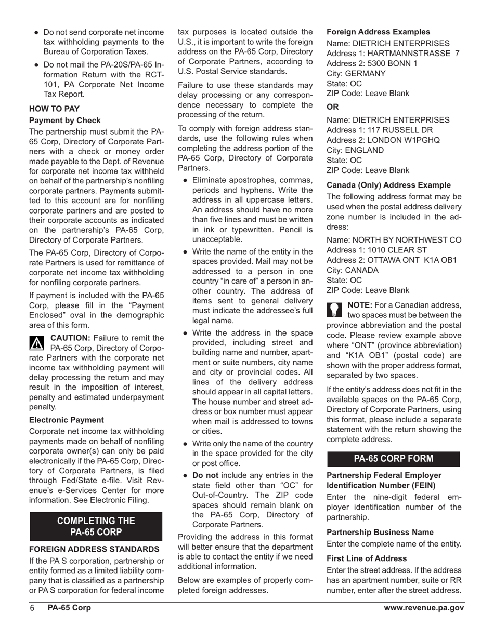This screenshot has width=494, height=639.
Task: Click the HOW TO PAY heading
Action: pos(54,109)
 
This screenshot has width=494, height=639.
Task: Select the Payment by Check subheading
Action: pos(65,120)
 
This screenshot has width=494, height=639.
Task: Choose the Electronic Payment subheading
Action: pos(67,420)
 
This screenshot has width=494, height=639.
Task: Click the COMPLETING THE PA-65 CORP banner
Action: pos(96,526)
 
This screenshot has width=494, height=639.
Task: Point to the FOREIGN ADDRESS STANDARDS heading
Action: pos(94,549)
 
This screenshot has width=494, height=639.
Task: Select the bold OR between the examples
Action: pos(332,107)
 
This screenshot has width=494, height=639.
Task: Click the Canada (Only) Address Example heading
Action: pos(388,185)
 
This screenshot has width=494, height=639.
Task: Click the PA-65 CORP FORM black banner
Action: pos(393,459)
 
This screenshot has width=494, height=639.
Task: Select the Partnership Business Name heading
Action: pos(380,532)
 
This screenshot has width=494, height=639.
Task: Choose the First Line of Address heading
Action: pos(367,558)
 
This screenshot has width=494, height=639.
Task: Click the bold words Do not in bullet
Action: pos(206,475)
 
